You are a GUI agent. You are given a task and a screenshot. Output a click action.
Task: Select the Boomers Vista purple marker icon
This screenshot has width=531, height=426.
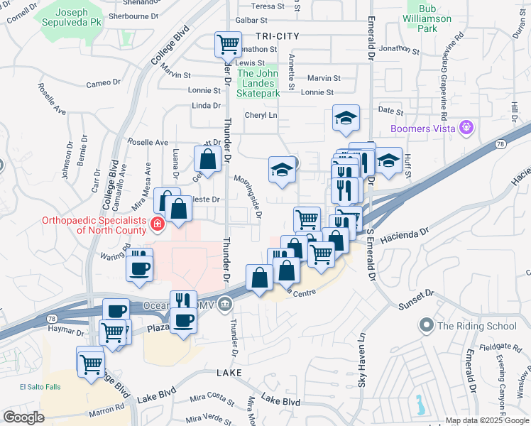[x=466, y=129]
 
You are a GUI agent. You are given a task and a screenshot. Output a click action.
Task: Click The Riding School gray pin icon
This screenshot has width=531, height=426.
[x=426, y=326]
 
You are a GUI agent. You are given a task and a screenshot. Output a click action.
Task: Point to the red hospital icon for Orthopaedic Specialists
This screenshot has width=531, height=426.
[x=157, y=225]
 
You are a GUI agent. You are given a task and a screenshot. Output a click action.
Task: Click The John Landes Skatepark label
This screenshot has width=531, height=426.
[x=258, y=83]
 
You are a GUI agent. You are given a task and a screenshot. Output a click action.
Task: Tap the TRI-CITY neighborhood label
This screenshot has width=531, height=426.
[x=269, y=35]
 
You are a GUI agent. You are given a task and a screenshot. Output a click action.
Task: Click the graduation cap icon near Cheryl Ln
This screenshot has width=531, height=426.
[x=346, y=118]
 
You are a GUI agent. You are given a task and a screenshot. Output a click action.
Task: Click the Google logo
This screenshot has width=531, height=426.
[x=23, y=417]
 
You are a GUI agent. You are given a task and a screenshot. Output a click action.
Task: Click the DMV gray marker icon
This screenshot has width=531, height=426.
[x=225, y=304]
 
